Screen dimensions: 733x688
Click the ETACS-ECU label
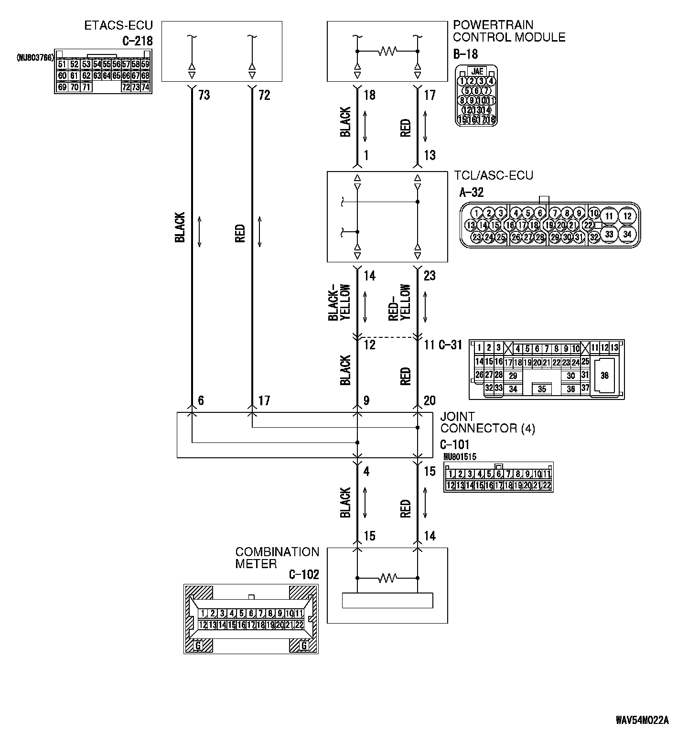pos(118,26)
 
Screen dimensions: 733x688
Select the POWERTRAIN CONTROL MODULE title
pos(509,31)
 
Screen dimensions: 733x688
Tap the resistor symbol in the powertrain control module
pos(387,51)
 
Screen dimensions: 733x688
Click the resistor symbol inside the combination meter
pos(387,578)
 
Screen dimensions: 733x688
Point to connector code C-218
pos(137,41)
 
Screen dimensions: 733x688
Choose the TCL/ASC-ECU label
pos(494,175)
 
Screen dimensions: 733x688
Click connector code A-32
pos(471,192)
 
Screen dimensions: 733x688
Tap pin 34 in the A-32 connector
pos(627,234)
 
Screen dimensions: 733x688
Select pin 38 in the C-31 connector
pos(604,376)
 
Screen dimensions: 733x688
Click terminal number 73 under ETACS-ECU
pos(204,96)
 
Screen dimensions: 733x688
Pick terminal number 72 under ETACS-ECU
pos(264,96)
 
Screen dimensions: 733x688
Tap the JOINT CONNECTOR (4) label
pos(487,422)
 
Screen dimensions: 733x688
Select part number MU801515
pos(460,457)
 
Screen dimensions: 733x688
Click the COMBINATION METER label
pos(277,558)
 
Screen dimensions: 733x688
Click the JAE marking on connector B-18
pos(476,72)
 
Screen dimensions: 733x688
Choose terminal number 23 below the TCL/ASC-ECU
pos(430,276)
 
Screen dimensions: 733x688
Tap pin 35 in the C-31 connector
pos(542,389)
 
